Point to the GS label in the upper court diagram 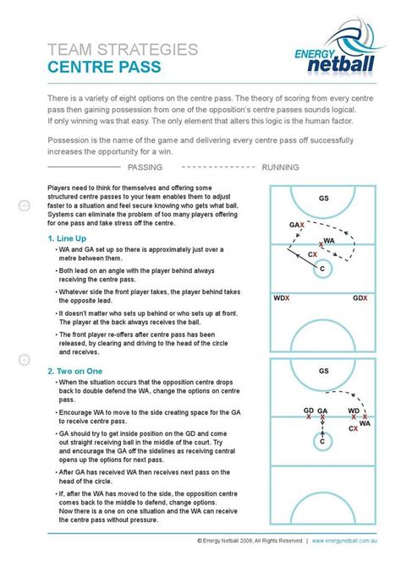tap(323, 199)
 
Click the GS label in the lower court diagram tap(323, 371)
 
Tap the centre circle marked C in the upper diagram tap(322, 268)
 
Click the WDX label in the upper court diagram tap(281, 298)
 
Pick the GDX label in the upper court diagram tap(360, 298)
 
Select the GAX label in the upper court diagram tap(295, 226)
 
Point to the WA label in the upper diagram tap(330, 241)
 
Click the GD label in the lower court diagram tap(309, 410)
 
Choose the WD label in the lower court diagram tap(353, 410)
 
